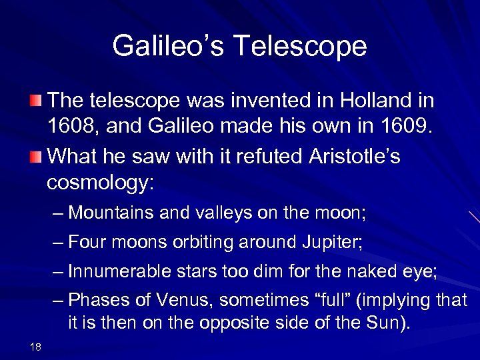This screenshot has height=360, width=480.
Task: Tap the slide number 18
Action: click(35, 345)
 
